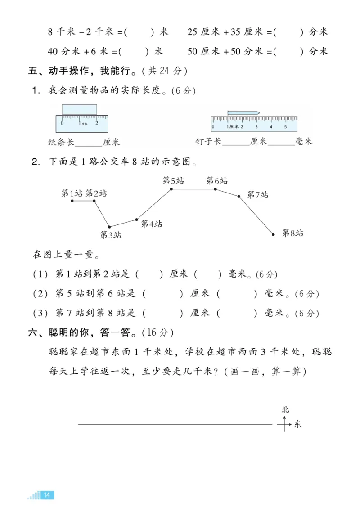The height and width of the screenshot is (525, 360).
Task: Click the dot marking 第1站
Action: tap(72, 201)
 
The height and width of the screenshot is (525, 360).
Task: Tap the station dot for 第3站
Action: tap(109, 227)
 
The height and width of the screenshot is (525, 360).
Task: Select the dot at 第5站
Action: tap(171, 189)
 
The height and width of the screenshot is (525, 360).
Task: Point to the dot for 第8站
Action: tap(273, 234)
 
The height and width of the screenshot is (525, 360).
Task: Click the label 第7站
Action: tap(258, 195)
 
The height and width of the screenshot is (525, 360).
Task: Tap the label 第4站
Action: tap(151, 224)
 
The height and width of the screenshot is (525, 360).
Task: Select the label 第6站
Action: tap(217, 181)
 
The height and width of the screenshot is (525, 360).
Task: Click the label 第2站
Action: tap(96, 193)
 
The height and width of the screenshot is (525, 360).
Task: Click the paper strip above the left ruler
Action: tap(79, 110)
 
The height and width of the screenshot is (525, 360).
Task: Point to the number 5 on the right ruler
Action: tap(285, 127)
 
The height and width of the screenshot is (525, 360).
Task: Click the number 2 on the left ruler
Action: tap(97, 123)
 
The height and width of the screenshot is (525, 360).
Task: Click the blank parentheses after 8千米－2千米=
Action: tap(139, 32)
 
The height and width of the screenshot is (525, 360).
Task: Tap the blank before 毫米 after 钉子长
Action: tap(281, 142)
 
